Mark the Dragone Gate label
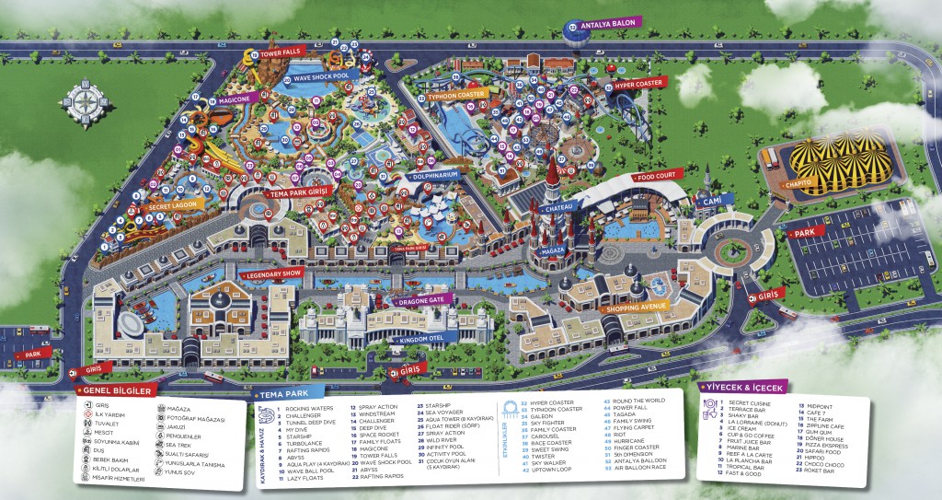click(x=422, y=301)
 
